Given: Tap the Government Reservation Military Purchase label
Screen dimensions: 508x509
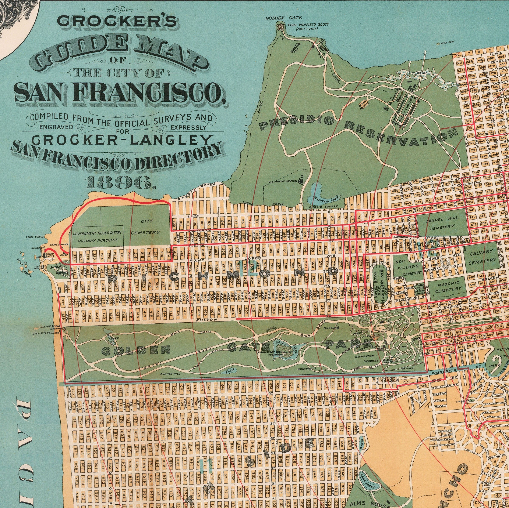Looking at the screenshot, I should tap(97, 236).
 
